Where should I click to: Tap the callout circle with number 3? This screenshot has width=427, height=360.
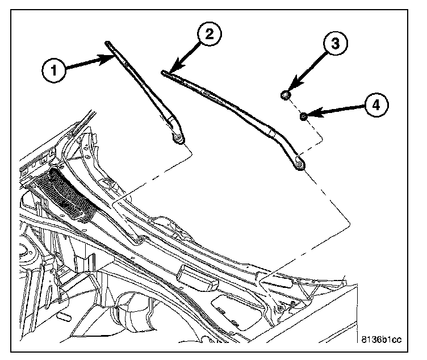tap(335, 43)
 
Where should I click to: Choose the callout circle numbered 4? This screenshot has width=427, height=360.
tap(376, 105)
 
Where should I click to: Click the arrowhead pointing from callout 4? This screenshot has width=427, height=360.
tap(310, 115)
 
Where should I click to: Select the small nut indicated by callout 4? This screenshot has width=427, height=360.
tap(304, 116)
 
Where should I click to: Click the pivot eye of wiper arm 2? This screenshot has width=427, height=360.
tap(299, 165)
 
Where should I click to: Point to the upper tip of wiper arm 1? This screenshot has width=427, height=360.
tap(107, 43)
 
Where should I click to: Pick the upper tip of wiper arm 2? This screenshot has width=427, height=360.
tap(164, 72)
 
